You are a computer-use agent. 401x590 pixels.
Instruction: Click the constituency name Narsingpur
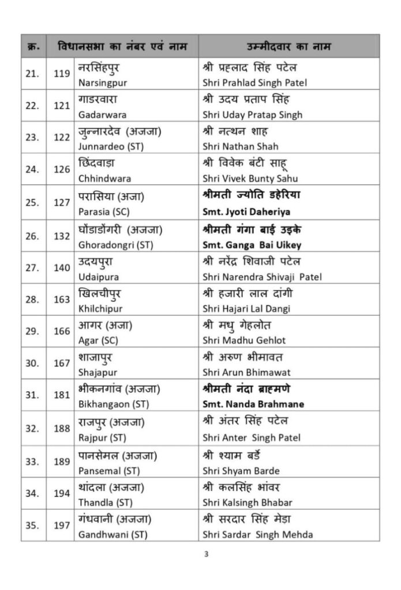(x=102, y=82)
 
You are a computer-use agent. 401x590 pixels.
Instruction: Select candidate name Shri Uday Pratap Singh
(x=252, y=115)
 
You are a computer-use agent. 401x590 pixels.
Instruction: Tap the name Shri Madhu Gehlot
(x=244, y=341)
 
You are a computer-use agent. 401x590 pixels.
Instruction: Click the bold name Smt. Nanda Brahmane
(x=253, y=404)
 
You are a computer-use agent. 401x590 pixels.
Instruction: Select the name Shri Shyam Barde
(x=242, y=469)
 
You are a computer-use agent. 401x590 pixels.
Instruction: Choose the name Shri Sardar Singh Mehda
(x=258, y=534)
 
